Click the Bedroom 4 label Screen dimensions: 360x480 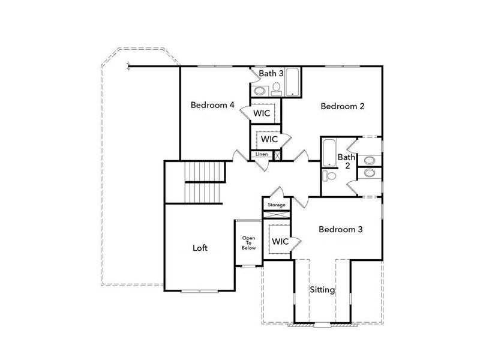coord(212,105)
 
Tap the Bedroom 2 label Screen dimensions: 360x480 coord(343,106)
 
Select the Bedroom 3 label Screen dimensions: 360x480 coord(340,229)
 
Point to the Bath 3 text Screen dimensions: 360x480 coord(271,73)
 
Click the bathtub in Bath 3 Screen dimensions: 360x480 coord(293,83)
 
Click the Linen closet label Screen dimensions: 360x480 coord(262,154)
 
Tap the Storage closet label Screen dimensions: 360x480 coord(277,205)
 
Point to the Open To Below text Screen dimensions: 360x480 coord(248,242)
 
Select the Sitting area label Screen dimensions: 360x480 coord(322,290)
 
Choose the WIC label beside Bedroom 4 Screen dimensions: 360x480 coord(260,113)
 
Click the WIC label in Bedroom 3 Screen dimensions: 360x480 coord(281,241)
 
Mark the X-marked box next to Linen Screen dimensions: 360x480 coord(277,154)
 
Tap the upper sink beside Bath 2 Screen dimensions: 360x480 coord(370,160)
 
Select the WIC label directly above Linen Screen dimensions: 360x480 coord(269,139)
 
